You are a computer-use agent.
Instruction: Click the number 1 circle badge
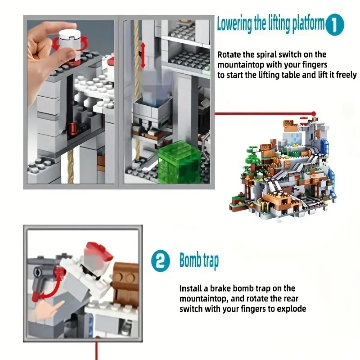(335, 25)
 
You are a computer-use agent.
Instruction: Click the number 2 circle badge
(160, 261)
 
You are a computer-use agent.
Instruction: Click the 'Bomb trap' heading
(199, 261)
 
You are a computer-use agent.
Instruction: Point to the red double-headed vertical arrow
(143, 56)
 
